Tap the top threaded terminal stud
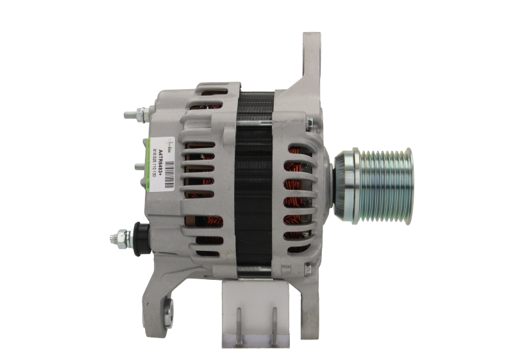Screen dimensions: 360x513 (133, 116)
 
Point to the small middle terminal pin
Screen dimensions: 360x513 (139, 166)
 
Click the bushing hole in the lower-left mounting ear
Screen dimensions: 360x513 (167, 314)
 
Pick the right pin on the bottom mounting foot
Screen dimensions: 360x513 (274, 324)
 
